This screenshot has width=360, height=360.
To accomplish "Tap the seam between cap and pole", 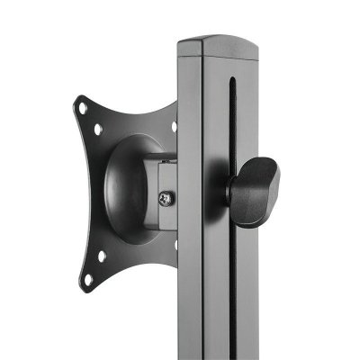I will pyautogui.click(x=216, y=56).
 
